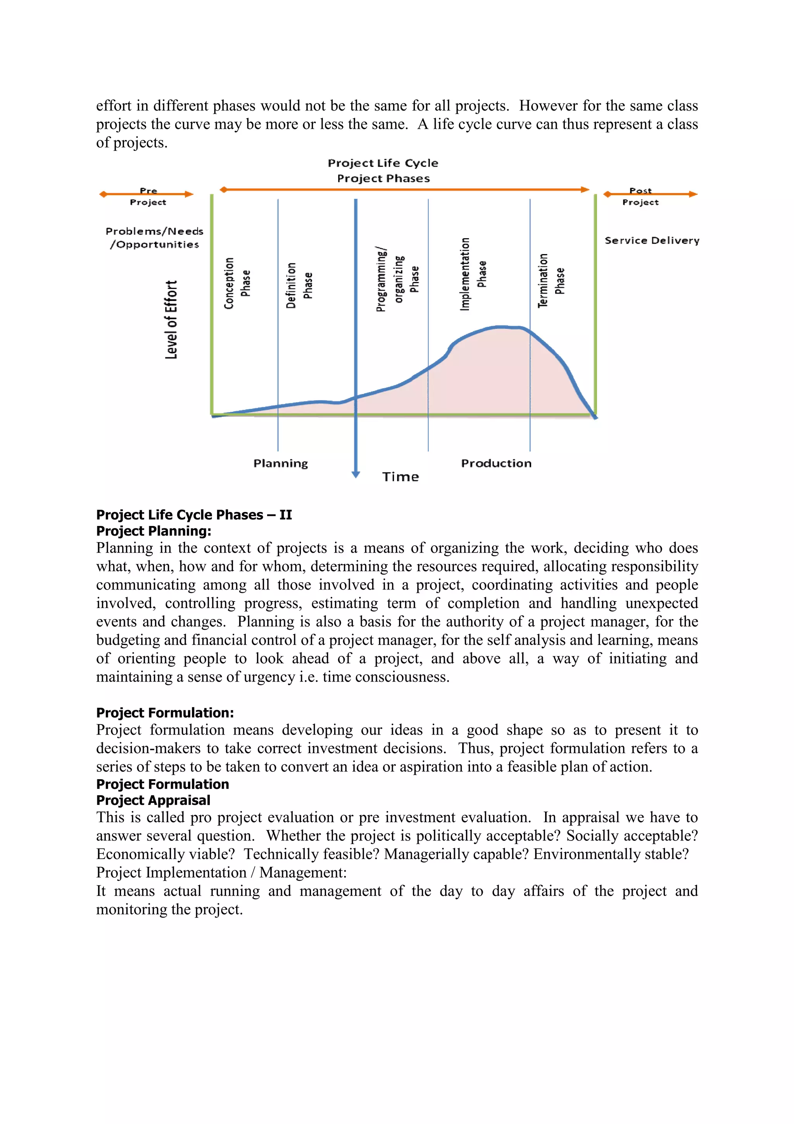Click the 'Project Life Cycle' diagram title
click(x=383, y=163)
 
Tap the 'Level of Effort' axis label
click(x=171, y=320)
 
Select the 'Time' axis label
click(x=400, y=477)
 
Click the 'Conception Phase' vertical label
click(x=237, y=284)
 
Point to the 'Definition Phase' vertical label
click(x=299, y=285)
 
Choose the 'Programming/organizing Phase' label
click(x=397, y=279)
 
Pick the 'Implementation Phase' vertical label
click(x=473, y=274)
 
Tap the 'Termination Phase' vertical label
click(x=551, y=280)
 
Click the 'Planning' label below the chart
click(x=280, y=463)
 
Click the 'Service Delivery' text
click(x=652, y=240)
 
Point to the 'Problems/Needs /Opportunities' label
click(x=154, y=237)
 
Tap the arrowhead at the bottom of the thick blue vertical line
click(x=356, y=474)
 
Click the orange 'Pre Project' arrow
click(x=146, y=194)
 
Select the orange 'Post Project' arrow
click(x=650, y=194)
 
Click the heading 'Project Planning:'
click(x=154, y=531)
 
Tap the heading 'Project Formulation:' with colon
click(x=165, y=713)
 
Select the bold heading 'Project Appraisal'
click(x=153, y=801)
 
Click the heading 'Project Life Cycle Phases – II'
click(x=194, y=515)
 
